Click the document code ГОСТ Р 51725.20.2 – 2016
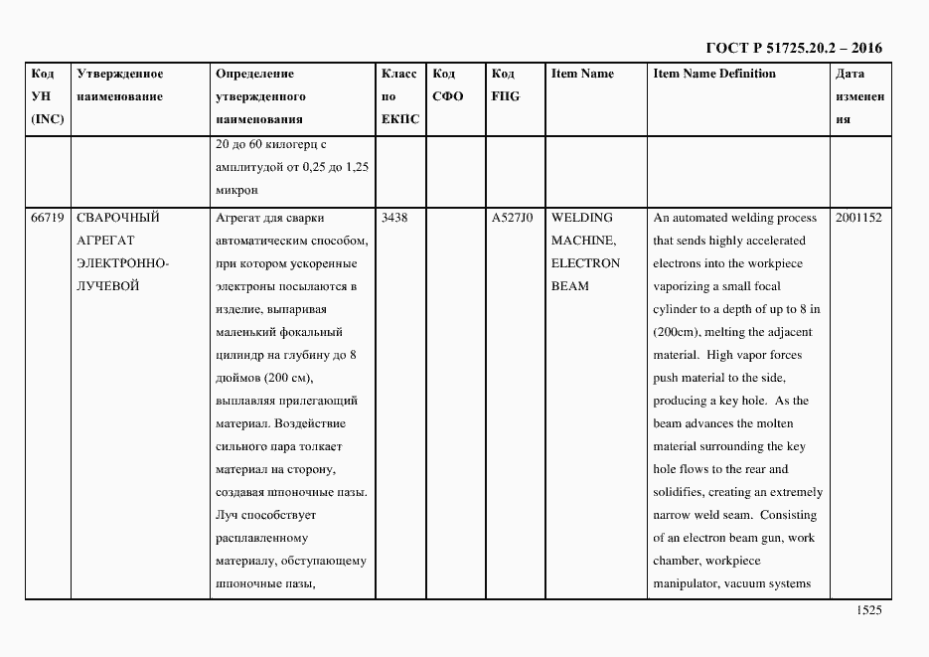click(793, 48)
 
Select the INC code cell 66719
click(48, 218)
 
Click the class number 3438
click(394, 218)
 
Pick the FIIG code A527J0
click(512, 218)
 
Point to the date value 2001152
click(858, 218)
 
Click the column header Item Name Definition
click(714, 74)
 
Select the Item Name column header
click(582, 74)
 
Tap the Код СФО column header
click(448, 85)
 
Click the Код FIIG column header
click(505, 85)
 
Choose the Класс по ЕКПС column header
click(400, 96)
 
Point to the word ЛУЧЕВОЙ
click(107, 286)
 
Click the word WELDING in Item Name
click(582, 218)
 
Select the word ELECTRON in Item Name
click(585, 263)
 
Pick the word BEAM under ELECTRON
click(570, 286)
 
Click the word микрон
click(236, 189)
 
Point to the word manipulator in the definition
click(686, 583)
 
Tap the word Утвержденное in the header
click(120, 74)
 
